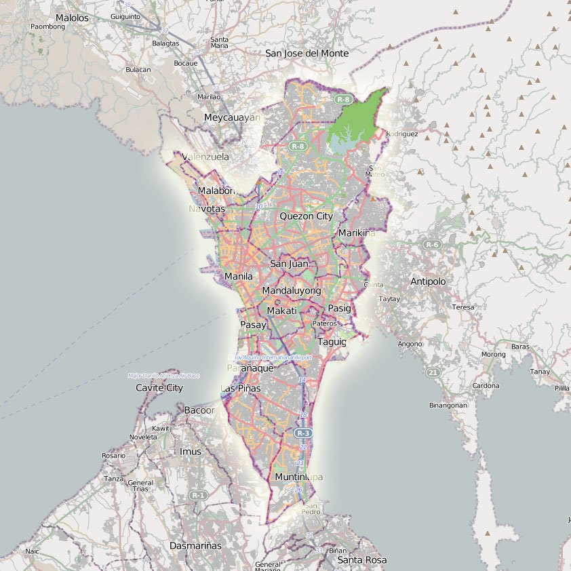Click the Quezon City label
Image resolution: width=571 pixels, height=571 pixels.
click(307, 216)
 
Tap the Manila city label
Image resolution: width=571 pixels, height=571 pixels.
click(238, 277)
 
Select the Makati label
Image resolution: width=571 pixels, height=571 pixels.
click(282, 311)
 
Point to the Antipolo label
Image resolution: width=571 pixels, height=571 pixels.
click(428, 281)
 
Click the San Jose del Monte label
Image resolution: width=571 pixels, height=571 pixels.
click(307, 54)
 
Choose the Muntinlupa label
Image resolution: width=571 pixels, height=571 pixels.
click(298, 477)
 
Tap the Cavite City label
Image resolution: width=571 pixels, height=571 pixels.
click(159, 388)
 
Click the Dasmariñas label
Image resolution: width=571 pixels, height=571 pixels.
click(195, 545)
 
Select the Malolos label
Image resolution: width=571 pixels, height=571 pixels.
click(72, 18)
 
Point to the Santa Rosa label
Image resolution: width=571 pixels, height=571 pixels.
click(362, 560)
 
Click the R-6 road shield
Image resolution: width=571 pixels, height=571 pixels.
click(432, 244)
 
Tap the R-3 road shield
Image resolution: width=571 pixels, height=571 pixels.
click(303, 433)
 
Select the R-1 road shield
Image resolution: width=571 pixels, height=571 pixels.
click(198, 496)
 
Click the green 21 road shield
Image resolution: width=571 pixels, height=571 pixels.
click(433, 372)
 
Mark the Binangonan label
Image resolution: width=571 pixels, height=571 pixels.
click(448, 406)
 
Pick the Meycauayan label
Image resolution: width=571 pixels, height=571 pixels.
click(232, 117)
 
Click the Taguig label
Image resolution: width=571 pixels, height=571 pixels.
click(332, 342)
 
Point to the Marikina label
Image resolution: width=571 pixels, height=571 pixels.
click(356, 233)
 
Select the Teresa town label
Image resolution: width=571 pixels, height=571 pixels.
click(463, 307)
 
